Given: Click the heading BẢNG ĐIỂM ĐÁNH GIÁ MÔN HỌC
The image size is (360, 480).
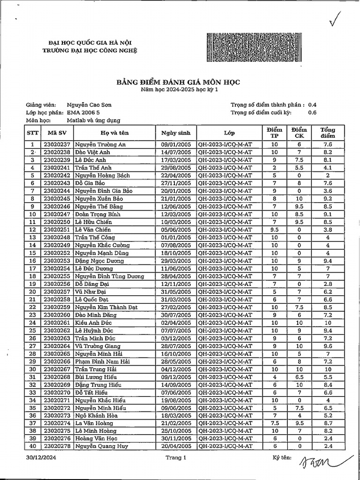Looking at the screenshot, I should [x=178, y=82].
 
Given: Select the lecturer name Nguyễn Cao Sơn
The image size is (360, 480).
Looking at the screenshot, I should [x=89, y=105].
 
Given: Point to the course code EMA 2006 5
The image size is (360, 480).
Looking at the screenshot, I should [x=83, y=112].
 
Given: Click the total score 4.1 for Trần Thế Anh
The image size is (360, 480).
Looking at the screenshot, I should [x=328, y=167].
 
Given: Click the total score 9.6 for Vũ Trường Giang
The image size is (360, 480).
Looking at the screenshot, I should [x=328, y=345].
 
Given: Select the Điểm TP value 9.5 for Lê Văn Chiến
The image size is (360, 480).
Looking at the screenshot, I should [x=275, y=230].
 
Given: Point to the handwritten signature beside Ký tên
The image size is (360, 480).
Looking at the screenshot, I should [x=319, y=461].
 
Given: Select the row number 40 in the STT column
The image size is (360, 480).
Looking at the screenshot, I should [x=33, y=446].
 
